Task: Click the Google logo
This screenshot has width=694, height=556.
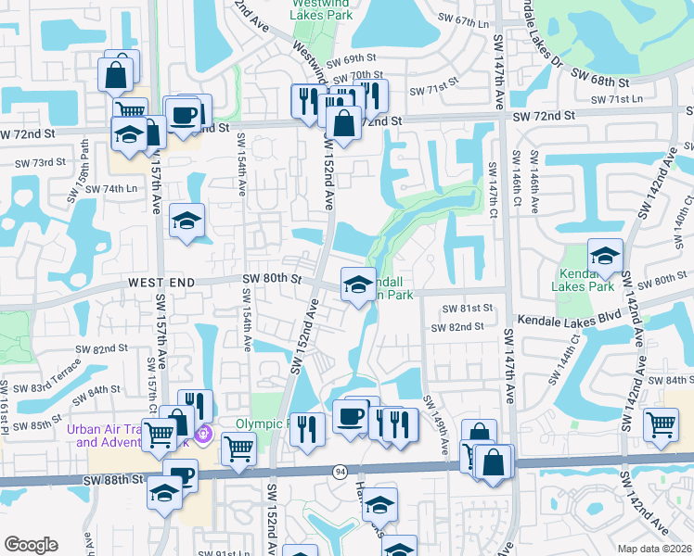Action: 31,545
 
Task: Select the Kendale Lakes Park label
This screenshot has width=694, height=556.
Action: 587,280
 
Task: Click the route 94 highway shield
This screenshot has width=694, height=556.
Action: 341,472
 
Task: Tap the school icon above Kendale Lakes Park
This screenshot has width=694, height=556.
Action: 604,255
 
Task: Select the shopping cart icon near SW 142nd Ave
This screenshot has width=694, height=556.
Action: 660,423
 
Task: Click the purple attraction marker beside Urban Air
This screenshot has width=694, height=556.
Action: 204,433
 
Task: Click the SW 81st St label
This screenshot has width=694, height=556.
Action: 466,309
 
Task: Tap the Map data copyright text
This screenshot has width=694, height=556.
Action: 655,549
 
